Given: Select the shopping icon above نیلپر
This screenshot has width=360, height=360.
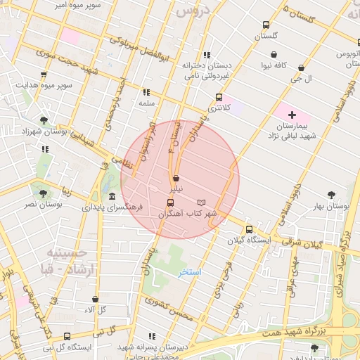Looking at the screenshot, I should tap(175, 179).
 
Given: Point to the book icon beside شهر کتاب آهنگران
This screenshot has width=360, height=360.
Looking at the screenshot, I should tap(202, 202).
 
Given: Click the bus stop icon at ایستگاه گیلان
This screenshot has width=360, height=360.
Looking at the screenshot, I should tap(249, 229).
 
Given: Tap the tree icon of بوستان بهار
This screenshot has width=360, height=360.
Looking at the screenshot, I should tap(331, 195).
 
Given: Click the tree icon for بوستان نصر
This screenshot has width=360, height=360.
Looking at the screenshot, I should tap(44, 193).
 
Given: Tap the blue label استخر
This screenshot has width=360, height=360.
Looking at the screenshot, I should tap(190, 271).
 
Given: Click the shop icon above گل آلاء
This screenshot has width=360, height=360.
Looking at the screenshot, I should tap(95, 299).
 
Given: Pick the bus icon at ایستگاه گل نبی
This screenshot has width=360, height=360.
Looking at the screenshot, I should tap(67, 336).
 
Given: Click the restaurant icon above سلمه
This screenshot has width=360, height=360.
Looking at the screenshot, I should tap(146, 92).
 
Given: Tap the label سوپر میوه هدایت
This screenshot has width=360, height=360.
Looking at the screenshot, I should tap(44, 85).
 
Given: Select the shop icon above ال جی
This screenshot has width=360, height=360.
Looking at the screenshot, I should tap(301, 68).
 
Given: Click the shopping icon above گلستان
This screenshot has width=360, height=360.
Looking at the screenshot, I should tap(265, 24).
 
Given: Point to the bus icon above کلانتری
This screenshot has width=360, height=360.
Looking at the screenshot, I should tap(219, 97).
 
